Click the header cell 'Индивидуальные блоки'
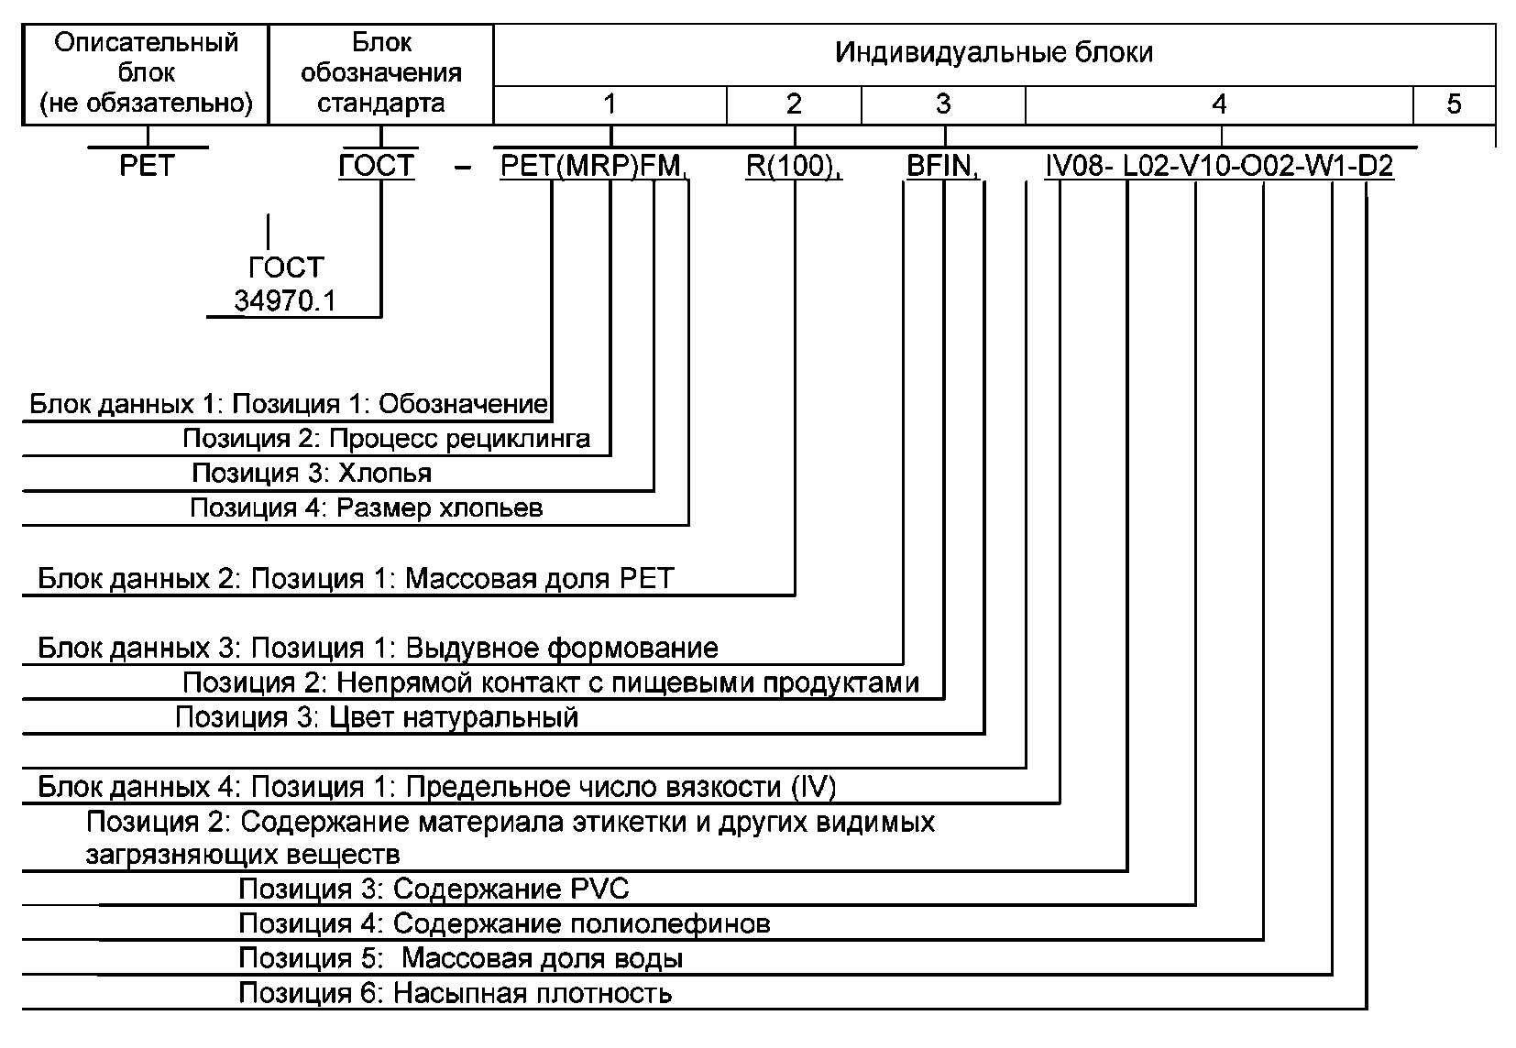(994, 55)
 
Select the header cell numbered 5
(1454, 104)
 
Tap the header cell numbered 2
(794, 104)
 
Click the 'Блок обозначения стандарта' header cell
(381, 73)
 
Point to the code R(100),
(794, 167)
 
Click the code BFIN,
(943, 167)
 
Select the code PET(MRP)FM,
(594, 167)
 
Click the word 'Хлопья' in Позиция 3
(384, 473)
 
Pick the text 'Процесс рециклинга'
(459, 439)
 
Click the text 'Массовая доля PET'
(539, 579)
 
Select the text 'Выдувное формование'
(562, 649)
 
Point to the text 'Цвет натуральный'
(454, 718)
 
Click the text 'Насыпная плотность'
(533, 994)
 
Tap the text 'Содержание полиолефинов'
(581, 924)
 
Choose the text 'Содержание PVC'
(511, 889)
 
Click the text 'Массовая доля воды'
(542, 959)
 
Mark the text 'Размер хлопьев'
(439, 508)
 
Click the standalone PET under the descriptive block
(147, 167)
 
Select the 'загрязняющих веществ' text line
(243, 856)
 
